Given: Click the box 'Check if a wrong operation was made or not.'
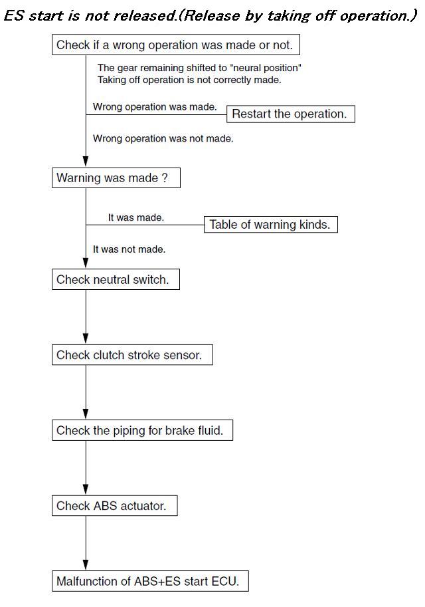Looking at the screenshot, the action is click(175, 45).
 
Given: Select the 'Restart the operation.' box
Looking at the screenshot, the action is click(290, 114).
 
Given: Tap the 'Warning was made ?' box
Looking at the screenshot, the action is click(116, 178).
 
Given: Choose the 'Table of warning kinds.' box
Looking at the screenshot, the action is click(271, 225).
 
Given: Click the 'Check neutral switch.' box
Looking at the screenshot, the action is click(116, 279).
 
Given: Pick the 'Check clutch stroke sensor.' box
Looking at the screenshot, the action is click(132, 354).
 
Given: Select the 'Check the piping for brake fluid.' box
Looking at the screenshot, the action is click(142, 430).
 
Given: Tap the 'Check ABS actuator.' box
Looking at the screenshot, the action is click(114, 505).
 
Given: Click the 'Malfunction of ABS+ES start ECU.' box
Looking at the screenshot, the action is click(150, 581).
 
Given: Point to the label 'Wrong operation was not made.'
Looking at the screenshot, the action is click(163, 138).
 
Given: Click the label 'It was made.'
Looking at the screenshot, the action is click(135, 217).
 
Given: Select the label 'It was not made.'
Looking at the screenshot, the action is click(129, 249).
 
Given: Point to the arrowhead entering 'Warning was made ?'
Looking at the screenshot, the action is click(86, 162).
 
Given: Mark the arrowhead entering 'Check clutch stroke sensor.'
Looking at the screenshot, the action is click(86, 339).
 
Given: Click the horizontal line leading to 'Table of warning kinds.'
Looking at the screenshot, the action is click(145, 225).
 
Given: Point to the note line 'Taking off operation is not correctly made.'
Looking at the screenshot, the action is click(189, 80).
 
